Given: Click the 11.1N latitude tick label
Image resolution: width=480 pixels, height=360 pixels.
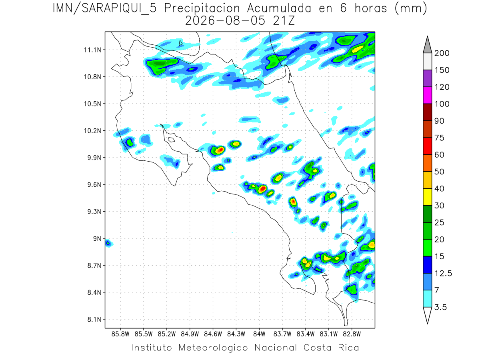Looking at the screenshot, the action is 92,50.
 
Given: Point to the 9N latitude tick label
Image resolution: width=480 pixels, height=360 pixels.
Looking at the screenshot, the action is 97,238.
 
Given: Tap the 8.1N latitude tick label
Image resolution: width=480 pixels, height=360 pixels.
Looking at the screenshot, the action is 94,319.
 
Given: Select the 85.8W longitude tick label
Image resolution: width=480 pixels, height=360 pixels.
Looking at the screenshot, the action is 120,334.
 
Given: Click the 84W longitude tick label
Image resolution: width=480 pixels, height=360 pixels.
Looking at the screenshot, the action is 259,334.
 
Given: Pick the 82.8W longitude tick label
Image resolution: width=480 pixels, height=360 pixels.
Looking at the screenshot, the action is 352,334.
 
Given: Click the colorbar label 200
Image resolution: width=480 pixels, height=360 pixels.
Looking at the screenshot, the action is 442,53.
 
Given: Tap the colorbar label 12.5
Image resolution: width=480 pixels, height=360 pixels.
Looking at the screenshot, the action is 443,273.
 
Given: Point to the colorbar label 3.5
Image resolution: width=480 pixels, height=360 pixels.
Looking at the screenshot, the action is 440,307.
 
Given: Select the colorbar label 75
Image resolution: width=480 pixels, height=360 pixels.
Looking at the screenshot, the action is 439,138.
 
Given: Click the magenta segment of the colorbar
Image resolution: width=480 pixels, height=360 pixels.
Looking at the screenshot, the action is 427,95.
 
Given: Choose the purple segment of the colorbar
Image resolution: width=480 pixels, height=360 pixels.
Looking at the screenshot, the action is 427,78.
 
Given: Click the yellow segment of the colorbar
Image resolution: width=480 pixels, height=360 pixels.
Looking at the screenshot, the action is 427,197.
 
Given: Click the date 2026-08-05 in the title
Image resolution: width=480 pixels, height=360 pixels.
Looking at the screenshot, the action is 225,21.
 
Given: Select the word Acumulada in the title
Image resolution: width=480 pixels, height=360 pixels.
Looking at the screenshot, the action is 279,8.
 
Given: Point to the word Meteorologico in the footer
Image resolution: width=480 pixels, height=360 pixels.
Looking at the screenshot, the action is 213,348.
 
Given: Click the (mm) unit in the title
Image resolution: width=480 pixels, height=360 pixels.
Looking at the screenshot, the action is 411,9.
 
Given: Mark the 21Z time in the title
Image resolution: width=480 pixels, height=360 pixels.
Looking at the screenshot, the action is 284,21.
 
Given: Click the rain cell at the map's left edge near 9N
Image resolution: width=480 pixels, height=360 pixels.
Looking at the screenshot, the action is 108,243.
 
